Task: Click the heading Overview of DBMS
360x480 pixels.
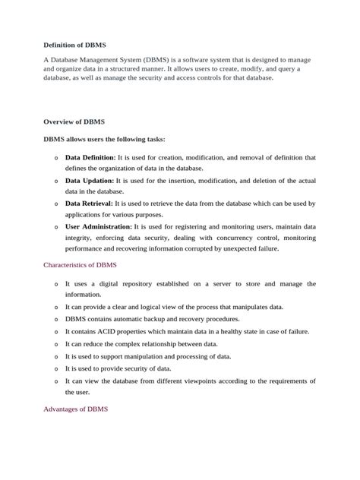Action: tap(74, 122)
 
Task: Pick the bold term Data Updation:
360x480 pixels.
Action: tap(90, 181)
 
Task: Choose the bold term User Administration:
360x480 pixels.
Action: tap(98, 226)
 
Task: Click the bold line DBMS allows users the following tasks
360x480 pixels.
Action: tap(104, 139)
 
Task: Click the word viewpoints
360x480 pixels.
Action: tap(214, 381)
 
